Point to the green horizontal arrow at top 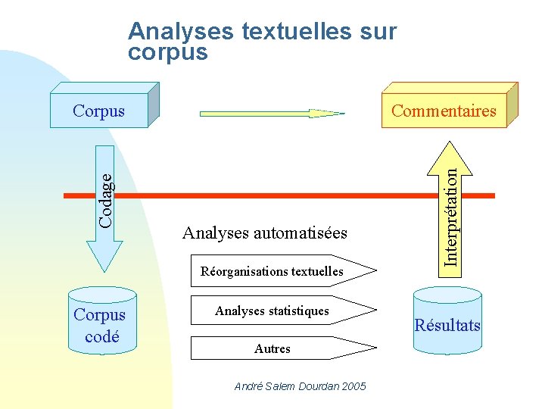[x=271, y=114]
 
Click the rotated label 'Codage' [x=107, y=199]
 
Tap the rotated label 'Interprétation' [x=451, y=216]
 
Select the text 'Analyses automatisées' [x=265, y=233]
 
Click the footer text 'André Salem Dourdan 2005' [x=300, y=386]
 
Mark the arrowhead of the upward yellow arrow [x=450, y=156]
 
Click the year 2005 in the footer [x=353, y=386]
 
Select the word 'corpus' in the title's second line [x=168, y=52]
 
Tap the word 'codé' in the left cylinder [x=102, y=336]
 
